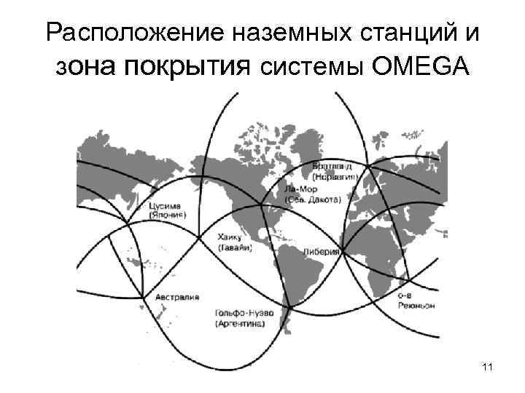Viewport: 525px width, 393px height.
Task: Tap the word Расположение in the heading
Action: [122, 32]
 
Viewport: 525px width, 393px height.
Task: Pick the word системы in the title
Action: [307, 68]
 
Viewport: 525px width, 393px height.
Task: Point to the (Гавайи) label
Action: [233, 247]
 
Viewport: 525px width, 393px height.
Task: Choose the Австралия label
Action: [176, 297]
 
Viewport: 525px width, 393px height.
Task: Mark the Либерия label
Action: [322, 251]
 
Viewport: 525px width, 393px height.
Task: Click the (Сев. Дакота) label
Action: [306, 199]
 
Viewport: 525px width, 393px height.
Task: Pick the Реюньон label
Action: [416, 306]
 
